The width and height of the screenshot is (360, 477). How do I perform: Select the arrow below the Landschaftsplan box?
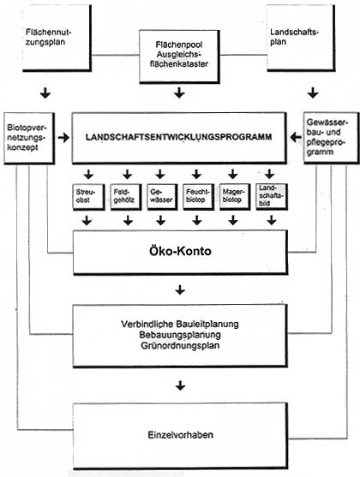click(312, 92)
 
